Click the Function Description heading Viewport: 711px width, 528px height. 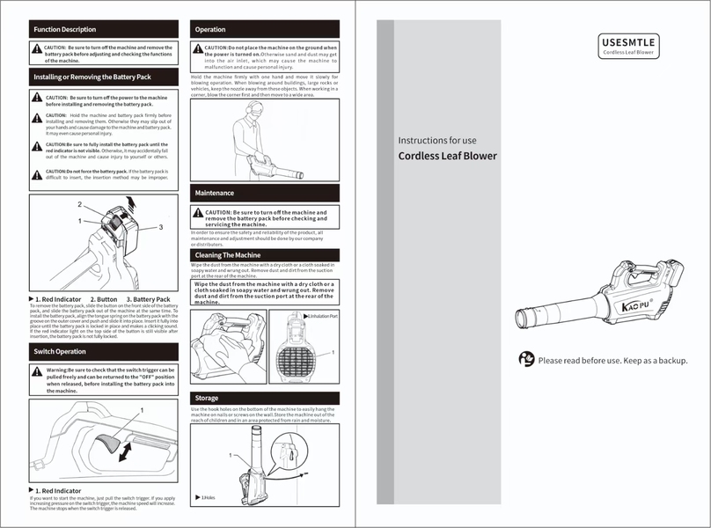pyautogui.click(x=64, y=30)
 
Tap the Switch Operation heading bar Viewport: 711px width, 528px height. pyautogui.click(x=60, y=352)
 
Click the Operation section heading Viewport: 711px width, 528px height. pyautogui.click(x=210, y=30)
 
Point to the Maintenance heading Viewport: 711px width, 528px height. pyautogui.click(x=215, y=193)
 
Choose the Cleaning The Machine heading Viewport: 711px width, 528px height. pyautogui.click(x=228, y=255)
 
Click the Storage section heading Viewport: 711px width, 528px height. pyautogui.click(x=207, y=399)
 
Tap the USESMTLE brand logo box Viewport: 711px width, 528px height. pyautogui.click(x=628, y=46)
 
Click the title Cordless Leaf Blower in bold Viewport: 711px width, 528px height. pyautogui.click(x=447, y=157)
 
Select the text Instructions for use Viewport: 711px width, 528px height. pyautogui.click(x=437, y=140)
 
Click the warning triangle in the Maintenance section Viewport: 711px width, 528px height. pyautogui.click(x=198, y=214)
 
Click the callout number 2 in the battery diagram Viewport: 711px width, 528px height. pyautogui.click(x=79, y=204)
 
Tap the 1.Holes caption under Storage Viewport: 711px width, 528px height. pyautogui.click(x=208, y=498)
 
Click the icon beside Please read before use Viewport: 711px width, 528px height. pyautogui.click(x=525, y=359)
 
